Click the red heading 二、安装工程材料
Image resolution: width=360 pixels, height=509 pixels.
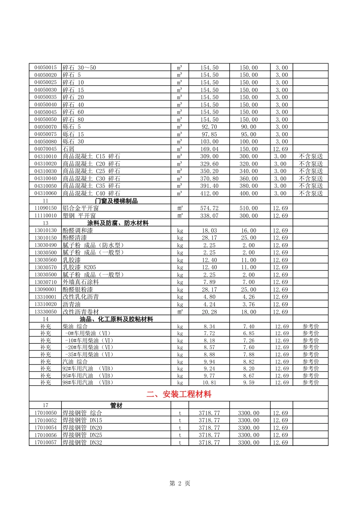pos(178,394)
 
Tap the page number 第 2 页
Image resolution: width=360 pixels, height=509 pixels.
pos(180,483)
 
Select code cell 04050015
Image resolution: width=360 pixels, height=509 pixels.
pos(45,68)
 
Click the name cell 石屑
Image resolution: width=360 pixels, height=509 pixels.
pos(69,149)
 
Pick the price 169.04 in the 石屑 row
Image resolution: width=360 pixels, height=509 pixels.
pos(209,149)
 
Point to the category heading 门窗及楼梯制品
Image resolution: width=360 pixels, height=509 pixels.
pos(116,201)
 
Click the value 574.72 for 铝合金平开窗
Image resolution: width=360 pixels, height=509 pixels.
pos(209,208)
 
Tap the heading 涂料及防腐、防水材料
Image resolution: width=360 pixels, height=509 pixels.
pos(118,223)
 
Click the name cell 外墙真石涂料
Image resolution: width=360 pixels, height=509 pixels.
pos(81,282)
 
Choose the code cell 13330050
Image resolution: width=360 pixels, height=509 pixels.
pos(45,312)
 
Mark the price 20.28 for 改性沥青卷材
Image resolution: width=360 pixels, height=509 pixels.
pos(209,312)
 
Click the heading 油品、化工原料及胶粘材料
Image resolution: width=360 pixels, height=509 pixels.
pos(116,319)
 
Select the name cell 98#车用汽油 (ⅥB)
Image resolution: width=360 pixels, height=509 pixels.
pos(88,383)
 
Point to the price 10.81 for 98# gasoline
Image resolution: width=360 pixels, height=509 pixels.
pos(209,383)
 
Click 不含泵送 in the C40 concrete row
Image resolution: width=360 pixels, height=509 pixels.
pos(311,194)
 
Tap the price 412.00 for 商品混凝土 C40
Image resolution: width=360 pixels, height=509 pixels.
pos(209,194)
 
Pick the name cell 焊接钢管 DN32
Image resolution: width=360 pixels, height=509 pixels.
pos(82,442)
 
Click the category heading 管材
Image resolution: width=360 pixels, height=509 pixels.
pos(116,406)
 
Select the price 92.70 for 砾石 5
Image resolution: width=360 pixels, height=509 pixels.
pos(209,127)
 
